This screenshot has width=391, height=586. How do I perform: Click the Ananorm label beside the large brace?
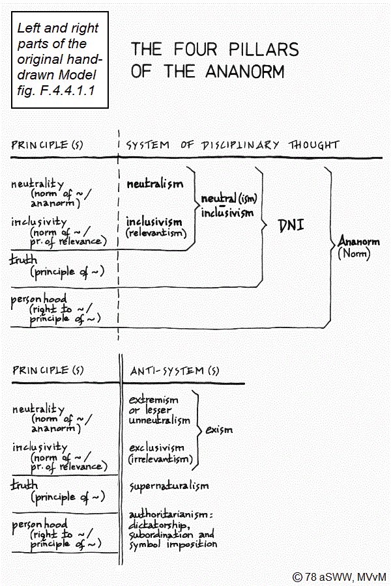359,243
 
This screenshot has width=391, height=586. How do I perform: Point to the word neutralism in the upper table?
155,184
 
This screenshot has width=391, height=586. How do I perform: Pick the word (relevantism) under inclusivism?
155,233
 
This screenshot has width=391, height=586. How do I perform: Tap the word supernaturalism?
169,486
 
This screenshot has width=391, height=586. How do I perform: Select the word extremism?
153,399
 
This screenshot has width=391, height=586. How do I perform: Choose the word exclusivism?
156,449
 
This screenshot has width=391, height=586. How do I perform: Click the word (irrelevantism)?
160,459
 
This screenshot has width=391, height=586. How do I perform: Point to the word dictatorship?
159,525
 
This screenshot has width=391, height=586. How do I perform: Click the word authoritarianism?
167,515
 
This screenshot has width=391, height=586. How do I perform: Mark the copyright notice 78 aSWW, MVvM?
340,576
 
